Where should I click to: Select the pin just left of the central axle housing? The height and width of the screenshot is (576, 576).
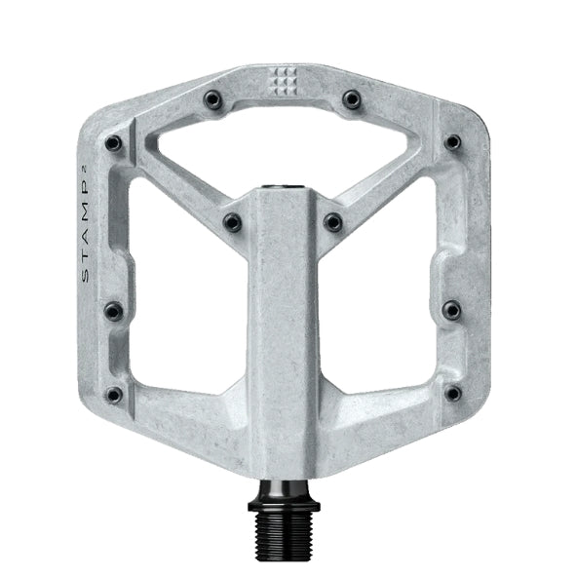point(232,223)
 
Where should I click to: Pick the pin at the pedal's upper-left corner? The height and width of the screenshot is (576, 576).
point(114,144)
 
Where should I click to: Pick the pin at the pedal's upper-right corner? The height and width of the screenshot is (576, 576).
point(452,142)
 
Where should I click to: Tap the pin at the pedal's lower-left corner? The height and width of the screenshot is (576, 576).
point(114,395)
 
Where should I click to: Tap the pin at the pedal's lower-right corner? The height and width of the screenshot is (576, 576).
point(453,394)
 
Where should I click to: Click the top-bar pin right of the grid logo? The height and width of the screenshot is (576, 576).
point(352,98)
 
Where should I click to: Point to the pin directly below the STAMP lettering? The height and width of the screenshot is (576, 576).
point(113,311)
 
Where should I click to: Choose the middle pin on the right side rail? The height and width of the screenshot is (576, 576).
point(451,310)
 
